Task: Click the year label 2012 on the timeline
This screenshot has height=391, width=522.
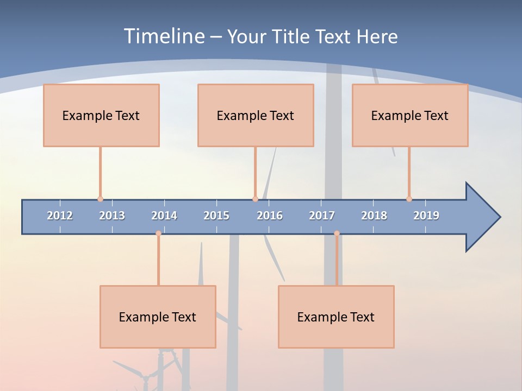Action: tap(60, 216)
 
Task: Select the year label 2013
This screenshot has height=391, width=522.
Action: tap(112, 216)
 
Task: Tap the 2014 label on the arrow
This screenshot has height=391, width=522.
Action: tap(164, 216)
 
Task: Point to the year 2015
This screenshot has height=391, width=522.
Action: tap(216, 216)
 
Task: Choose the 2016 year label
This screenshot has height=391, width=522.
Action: tap(270, 216)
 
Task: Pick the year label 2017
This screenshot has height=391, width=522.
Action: tap(322, 216)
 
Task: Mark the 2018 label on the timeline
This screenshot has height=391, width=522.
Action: tap(374, 216)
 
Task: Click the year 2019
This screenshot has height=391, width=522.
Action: tap(426, 216)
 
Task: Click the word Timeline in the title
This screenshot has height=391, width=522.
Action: tap(163, 36)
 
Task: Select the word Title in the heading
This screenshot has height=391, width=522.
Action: tap(291, 36)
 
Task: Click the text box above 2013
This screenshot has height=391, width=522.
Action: tap(101, 115)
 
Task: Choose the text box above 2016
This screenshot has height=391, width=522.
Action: tap(256, 115)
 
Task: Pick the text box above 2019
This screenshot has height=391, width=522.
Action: tap(410, 115)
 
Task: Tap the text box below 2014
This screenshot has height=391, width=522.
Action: tap(158, 317)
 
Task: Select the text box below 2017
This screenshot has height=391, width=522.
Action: tap(336, 317)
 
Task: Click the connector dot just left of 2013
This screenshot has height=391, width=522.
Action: tap(100, 199)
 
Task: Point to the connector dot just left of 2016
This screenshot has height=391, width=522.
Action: tap(255, 199)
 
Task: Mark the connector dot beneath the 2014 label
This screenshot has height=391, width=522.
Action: tap(158, 233)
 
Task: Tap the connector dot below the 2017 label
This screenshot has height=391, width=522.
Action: tap(337, 233)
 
